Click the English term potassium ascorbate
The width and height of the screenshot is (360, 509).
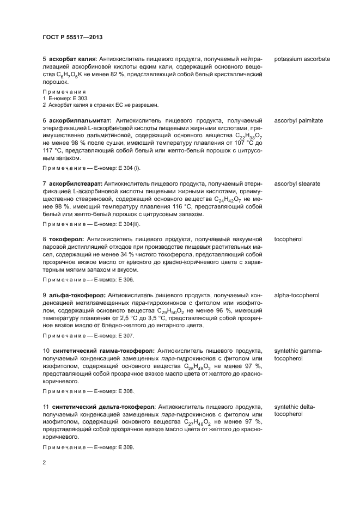tap(302, 59)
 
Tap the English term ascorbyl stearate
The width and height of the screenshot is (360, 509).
tap(297, 184)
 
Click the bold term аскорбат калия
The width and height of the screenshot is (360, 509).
tap(72, 59)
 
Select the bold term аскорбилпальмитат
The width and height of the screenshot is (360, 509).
tap(80, 120)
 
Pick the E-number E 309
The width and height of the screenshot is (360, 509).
tap(125, 447)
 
